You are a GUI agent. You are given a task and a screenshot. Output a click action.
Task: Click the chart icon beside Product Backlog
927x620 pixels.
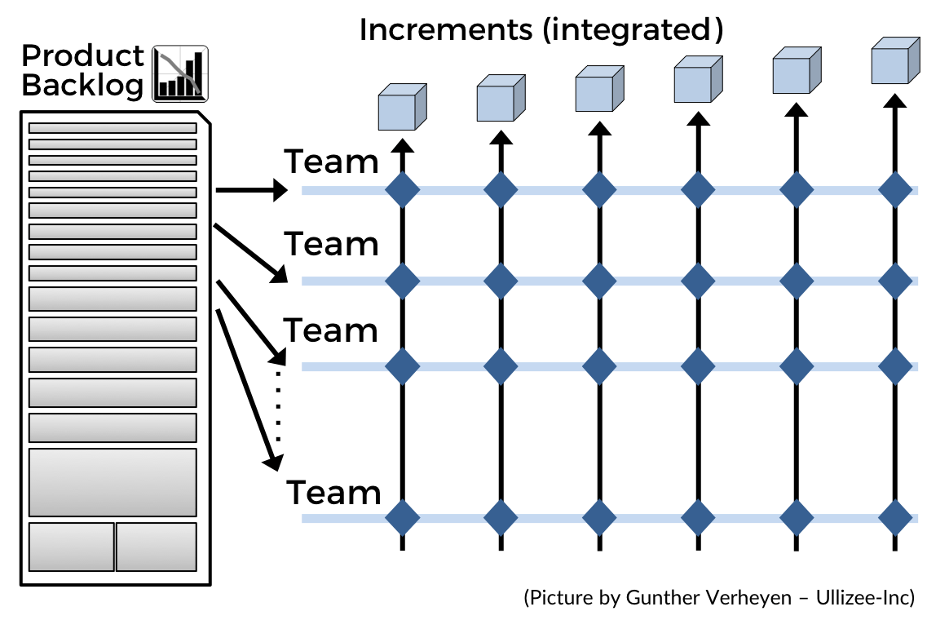[179, 73]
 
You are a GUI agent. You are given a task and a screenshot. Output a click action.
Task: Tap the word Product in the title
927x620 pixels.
[82, 56]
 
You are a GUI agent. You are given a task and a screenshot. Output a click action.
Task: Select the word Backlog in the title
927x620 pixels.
[82, 85]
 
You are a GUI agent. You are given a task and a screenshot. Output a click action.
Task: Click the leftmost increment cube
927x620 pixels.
[402, 108]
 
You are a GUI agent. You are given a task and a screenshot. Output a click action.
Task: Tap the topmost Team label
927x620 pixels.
[331, 162]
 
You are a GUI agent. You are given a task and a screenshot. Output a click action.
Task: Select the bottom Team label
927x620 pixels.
[333, 493]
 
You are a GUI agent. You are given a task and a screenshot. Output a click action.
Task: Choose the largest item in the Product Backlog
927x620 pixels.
[113, 482]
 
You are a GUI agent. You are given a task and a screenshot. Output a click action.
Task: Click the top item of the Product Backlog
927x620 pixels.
[113, 128]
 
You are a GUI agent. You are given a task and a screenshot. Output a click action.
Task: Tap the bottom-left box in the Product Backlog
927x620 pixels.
[72, 547]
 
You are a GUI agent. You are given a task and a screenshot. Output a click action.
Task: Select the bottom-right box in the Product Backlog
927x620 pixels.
[156, 547]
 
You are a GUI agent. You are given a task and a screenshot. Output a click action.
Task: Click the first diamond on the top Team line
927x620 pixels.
[402, 191]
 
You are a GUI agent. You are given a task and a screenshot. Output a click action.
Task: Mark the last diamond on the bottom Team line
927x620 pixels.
[895, 517]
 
